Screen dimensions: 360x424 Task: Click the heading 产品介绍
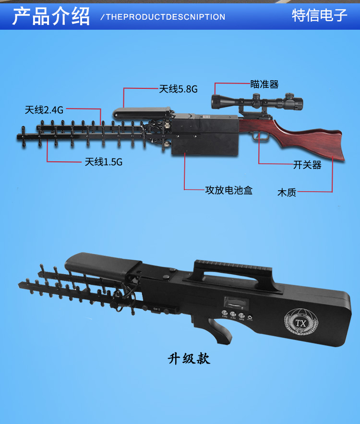point(51,16)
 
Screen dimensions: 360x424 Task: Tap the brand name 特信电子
point(319,15)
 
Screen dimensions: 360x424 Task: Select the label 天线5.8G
point(178,89)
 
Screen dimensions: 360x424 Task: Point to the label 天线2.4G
point(44,110)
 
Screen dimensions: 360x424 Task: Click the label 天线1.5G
point(104,162)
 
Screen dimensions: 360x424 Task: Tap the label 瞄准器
point(264,85)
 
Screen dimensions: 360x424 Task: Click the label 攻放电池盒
point(228,190)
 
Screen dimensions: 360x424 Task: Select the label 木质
point(287,193)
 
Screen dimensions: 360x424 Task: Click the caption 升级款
point(189,359)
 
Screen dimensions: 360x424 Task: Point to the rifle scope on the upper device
point(257,102)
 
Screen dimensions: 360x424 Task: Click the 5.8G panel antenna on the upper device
point(143,113)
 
